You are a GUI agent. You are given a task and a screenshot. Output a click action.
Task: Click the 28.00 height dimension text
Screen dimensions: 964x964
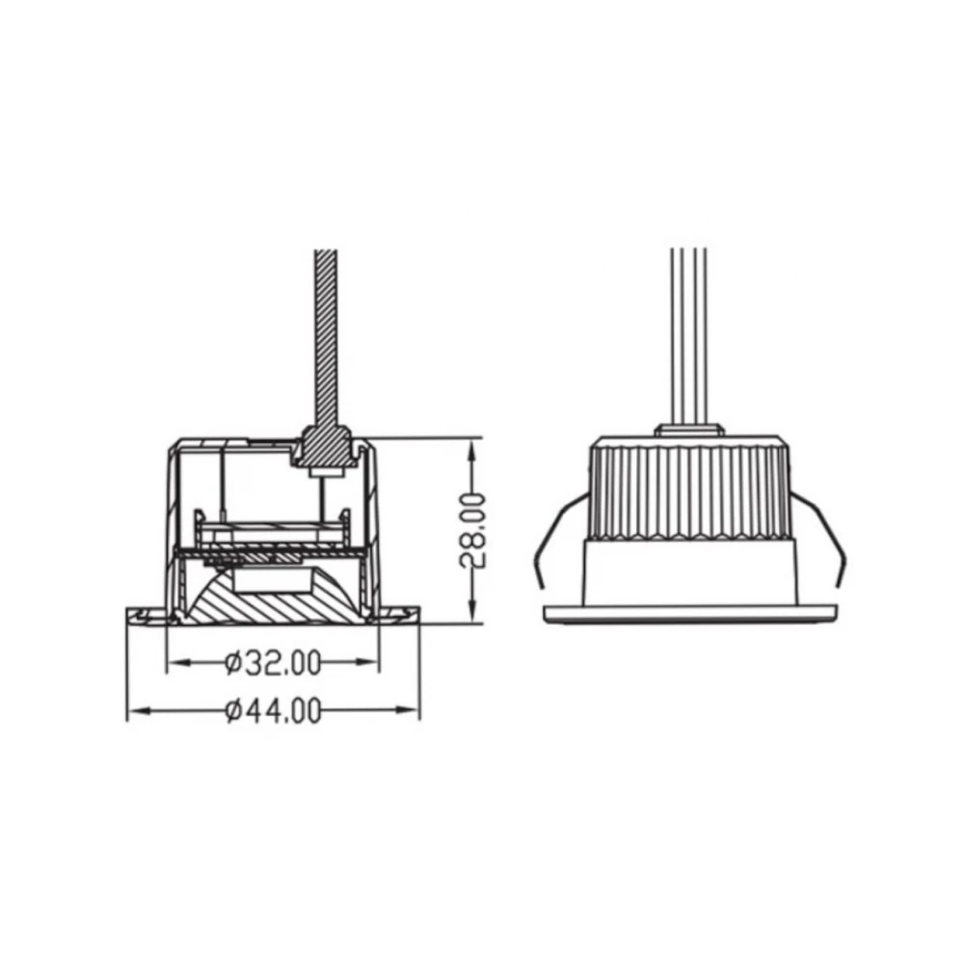click(472, 530)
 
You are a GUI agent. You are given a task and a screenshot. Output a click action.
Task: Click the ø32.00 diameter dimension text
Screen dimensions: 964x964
click(273, 663)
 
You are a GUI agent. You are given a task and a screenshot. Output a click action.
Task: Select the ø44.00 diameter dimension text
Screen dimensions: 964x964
click(273, 711)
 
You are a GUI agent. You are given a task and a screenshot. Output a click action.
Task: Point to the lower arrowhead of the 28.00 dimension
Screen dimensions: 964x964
click(471, 611)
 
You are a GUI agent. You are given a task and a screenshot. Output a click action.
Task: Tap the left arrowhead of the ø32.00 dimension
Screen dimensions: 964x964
click(179, 663)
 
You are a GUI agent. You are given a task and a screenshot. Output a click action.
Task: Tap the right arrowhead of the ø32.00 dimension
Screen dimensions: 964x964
click(366, 663)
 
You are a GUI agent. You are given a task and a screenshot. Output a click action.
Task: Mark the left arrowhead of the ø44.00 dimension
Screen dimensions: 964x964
click(139, 711)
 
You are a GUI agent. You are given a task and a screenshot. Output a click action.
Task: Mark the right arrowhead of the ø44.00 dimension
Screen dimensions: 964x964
click(407, 710)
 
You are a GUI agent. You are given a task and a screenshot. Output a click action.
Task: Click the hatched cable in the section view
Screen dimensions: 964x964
click(326, 338)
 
